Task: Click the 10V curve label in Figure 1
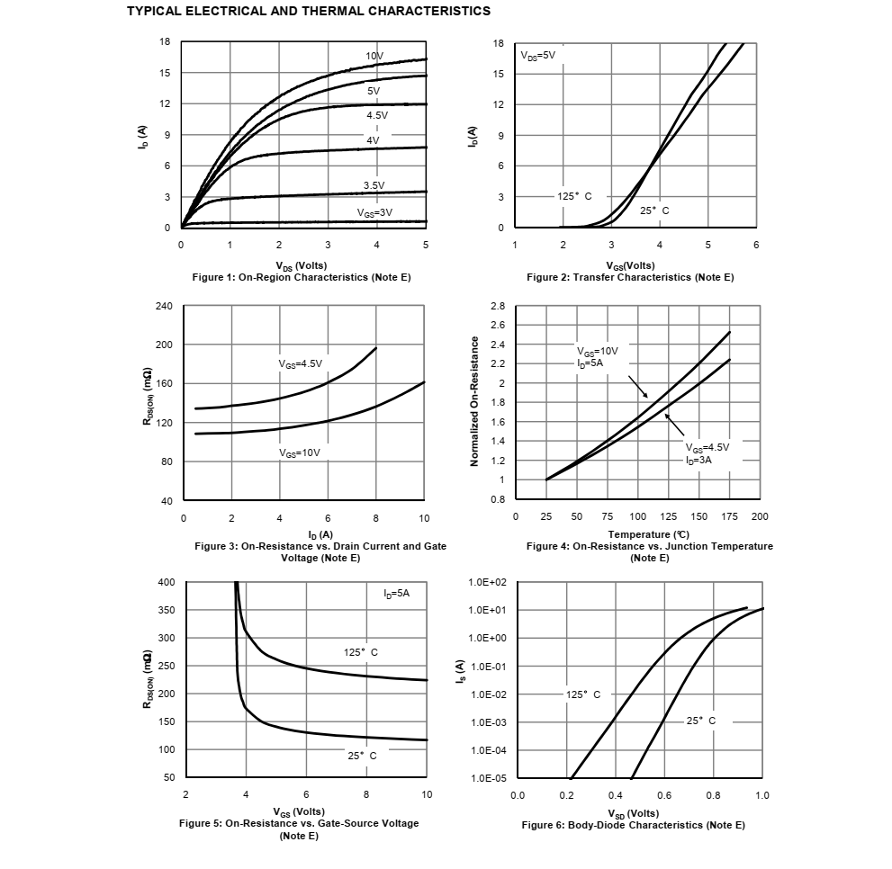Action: pos(374,56)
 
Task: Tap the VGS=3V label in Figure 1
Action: pos(374,212)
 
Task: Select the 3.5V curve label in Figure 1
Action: pos(374,185)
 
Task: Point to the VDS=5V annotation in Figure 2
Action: pos(537,55)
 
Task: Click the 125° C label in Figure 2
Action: pos(574,196)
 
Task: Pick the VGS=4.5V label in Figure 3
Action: pos(300,364)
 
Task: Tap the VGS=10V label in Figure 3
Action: pos(299,452)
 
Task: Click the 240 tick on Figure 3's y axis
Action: pos(164,306)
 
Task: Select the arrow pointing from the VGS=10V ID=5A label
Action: pos(637,387)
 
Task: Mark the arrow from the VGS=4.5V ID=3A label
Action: pos(675,425)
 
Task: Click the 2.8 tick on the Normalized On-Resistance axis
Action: pos(498,306)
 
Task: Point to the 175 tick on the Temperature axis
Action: pos(729,516)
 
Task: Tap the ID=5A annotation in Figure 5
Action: pos(397,594)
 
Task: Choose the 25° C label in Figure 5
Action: pos(362,756)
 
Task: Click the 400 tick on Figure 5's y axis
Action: pos(167,582)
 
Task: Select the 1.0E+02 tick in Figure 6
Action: pos(487,582)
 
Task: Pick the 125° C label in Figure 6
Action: pos(583,694)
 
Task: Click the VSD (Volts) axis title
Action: pos(633,813)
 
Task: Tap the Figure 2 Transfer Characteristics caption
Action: pos(630,278)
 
